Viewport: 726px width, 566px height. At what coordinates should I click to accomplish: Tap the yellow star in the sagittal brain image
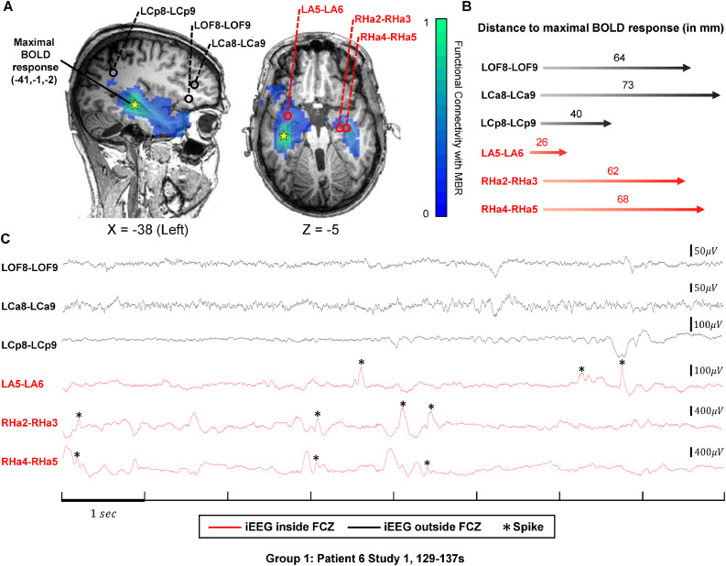(x=135, y=105)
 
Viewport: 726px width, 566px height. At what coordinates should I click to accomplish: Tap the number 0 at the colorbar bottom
(x=427, y=213)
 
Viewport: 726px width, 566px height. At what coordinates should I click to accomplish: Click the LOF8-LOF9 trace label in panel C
(x=30, y=267)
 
